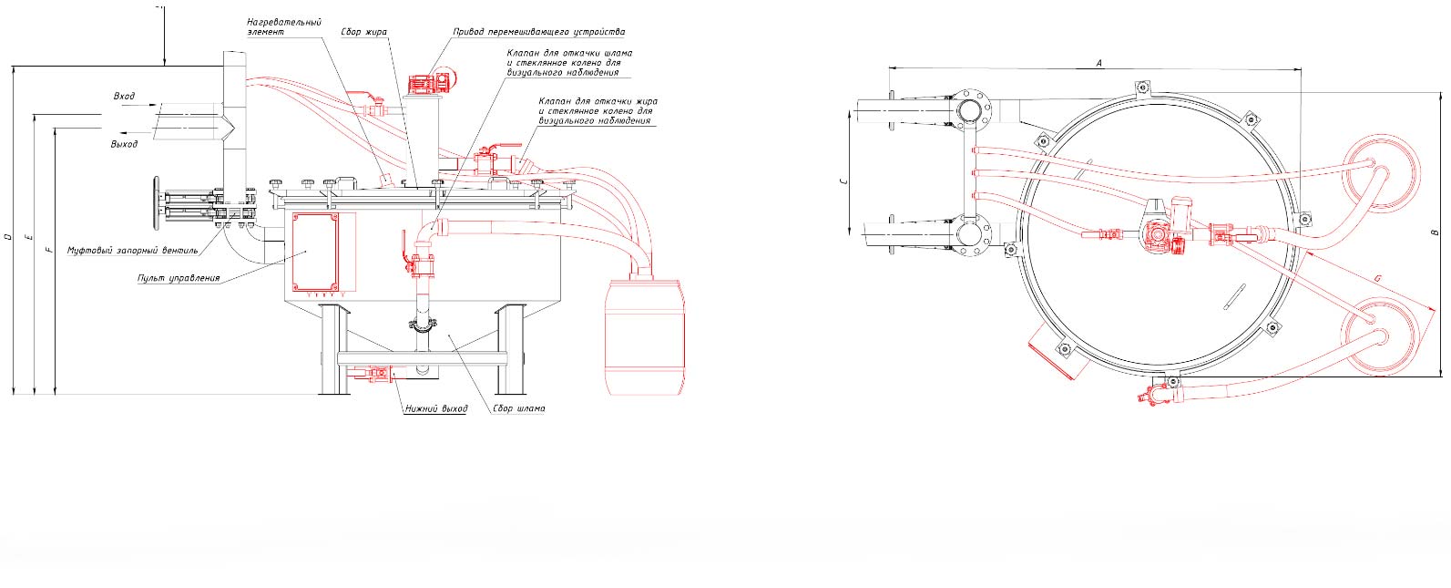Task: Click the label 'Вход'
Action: (x=124, y=97)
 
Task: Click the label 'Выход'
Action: (x=124, y=144)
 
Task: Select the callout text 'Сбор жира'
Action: (x=363, y=32)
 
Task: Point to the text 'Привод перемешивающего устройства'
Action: (x=539, y=32)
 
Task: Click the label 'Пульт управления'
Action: (x=179, y=278)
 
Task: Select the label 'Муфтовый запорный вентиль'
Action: (x=132, y=250)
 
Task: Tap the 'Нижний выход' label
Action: (x=436, y=408)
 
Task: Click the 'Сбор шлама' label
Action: (x=519, y=408)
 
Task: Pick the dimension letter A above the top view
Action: (x=1099, y=63)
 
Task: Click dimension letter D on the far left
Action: (x=8, y=238)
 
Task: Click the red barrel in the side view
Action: (x=645, y=336)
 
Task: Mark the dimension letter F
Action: (x=49, y=248)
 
